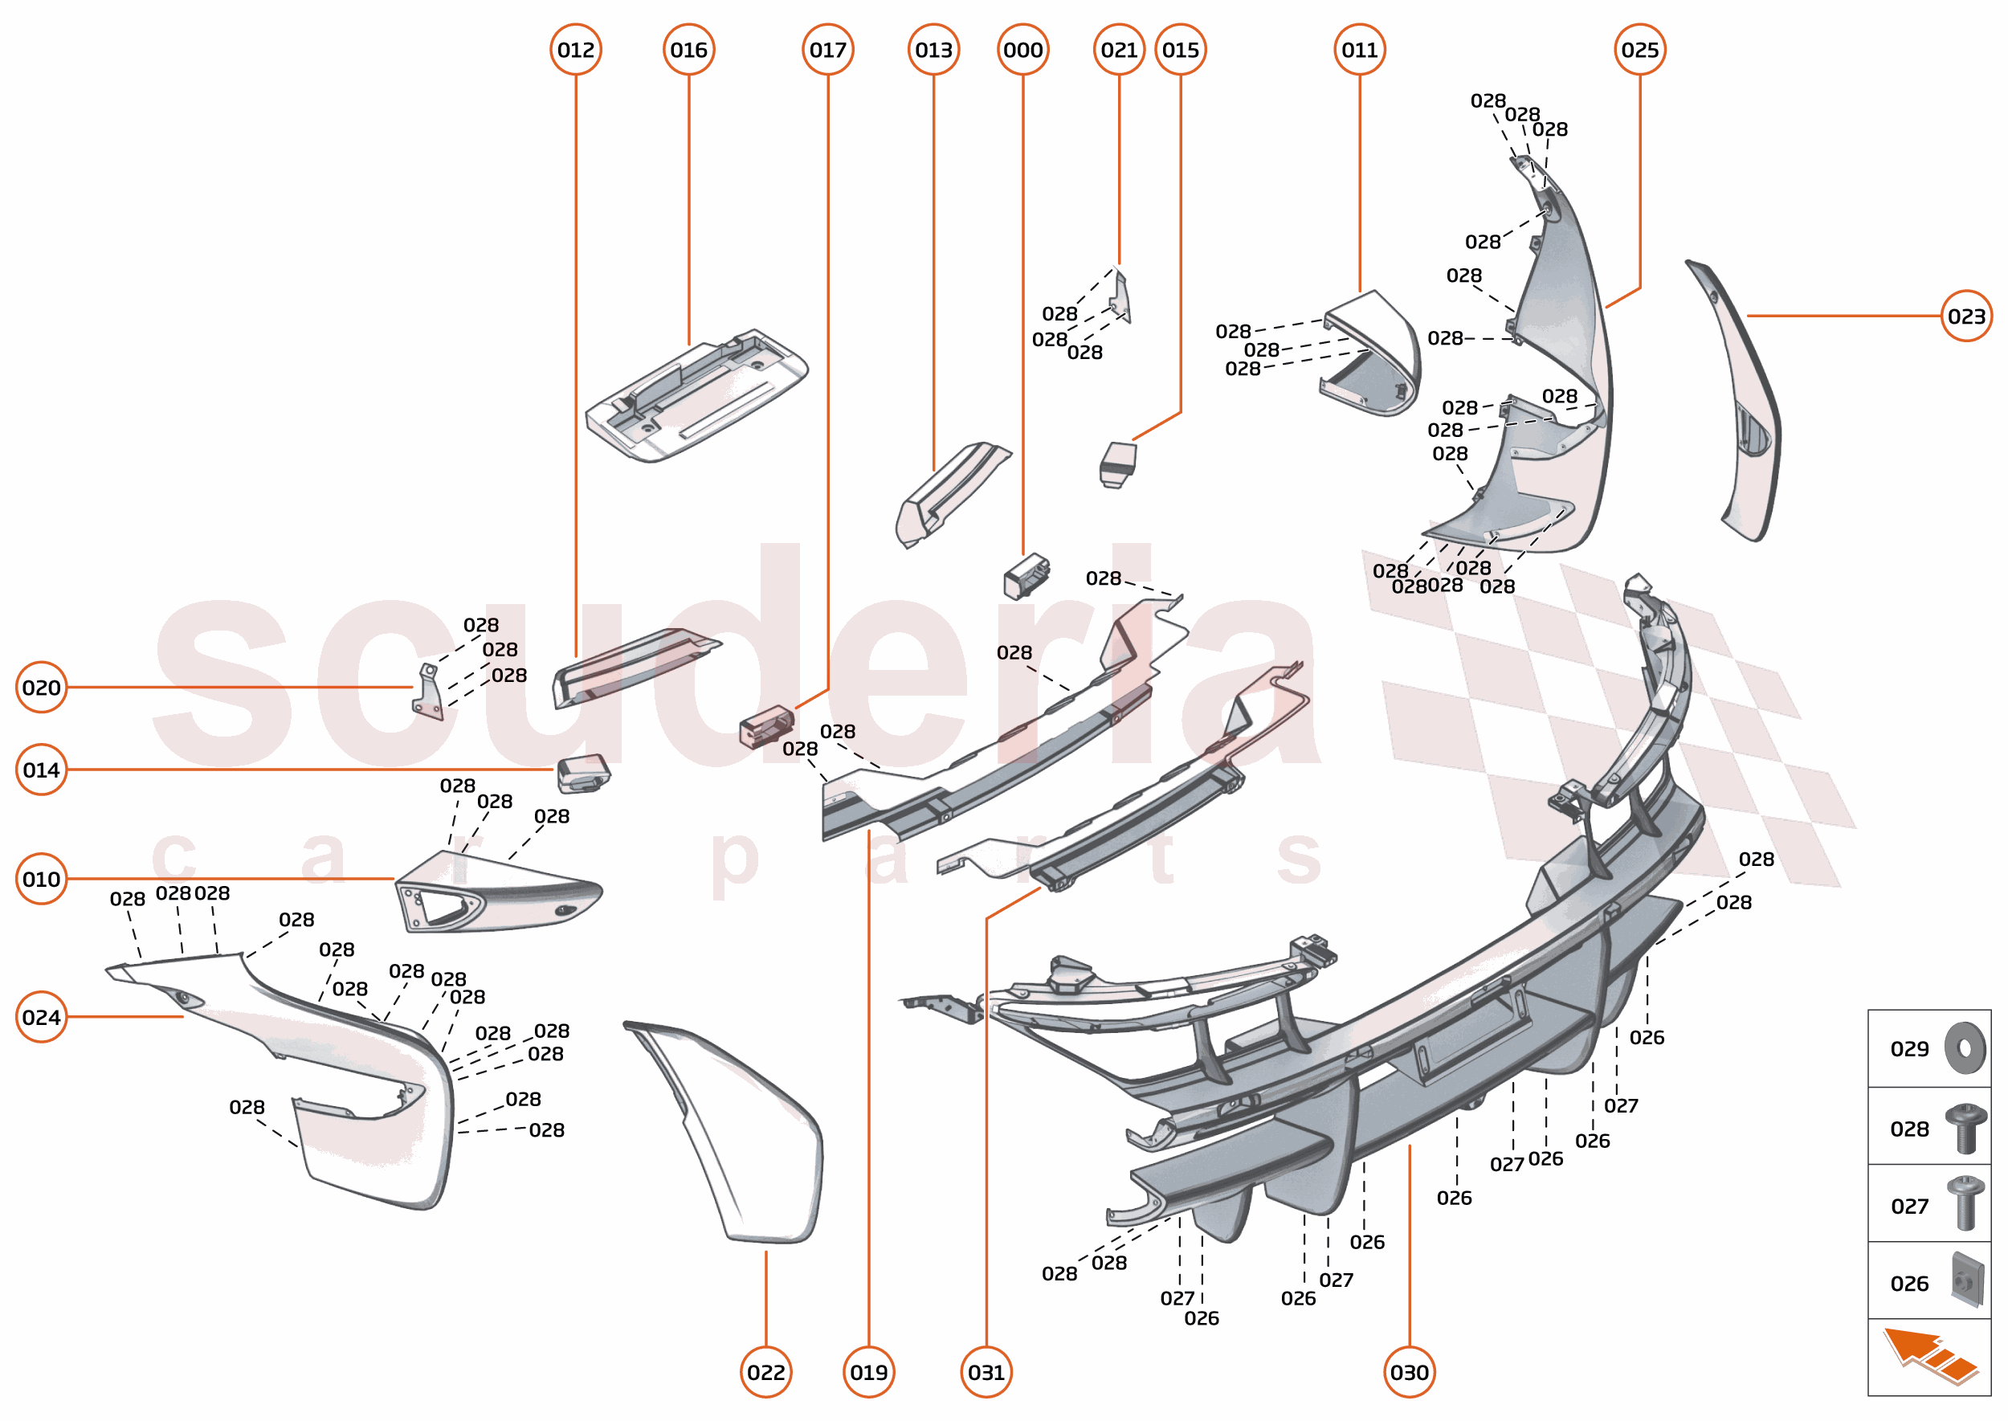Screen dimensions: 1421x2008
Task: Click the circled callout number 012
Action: (575, 50)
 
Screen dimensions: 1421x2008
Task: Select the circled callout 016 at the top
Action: (688, 50)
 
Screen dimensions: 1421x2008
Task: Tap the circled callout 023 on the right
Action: (1966, 316)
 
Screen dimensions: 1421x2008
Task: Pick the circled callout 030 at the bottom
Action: (1409, 1372)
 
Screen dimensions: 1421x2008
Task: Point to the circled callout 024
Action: (41, 1017)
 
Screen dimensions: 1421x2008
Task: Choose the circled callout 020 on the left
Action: (41, 688)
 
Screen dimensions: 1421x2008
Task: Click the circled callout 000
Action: (1022, 50)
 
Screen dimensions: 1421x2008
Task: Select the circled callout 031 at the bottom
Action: (986, 1372)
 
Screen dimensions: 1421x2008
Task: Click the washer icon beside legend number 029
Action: (1965, 1047)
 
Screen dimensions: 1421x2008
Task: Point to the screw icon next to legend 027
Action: (1965, 1204)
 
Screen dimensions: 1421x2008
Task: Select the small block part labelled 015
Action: (1117, 463)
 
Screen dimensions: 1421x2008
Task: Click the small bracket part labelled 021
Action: (1120, 297)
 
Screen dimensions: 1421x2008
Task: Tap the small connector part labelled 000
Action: (1026, 576)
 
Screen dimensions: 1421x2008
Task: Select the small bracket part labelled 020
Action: (428, 694)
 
